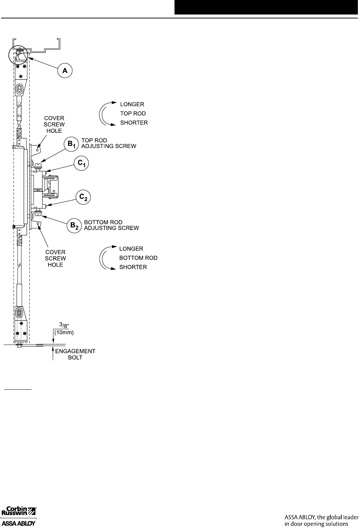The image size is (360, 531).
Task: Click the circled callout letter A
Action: pos(65,71)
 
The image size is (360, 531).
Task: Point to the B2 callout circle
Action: pos(74,226)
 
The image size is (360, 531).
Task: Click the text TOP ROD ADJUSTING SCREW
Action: pos(109,143)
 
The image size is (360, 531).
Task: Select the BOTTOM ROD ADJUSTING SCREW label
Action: pos(112,225)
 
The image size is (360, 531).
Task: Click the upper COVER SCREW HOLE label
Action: pos(54,124)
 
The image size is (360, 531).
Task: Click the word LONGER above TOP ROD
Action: pos(132,104)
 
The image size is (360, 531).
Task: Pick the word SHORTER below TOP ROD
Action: pos(134,123)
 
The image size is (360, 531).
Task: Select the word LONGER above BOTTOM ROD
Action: pos(131,249)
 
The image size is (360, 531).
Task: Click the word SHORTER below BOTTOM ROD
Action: pos(133,267)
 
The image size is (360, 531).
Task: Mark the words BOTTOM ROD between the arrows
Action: pos(138,258)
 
